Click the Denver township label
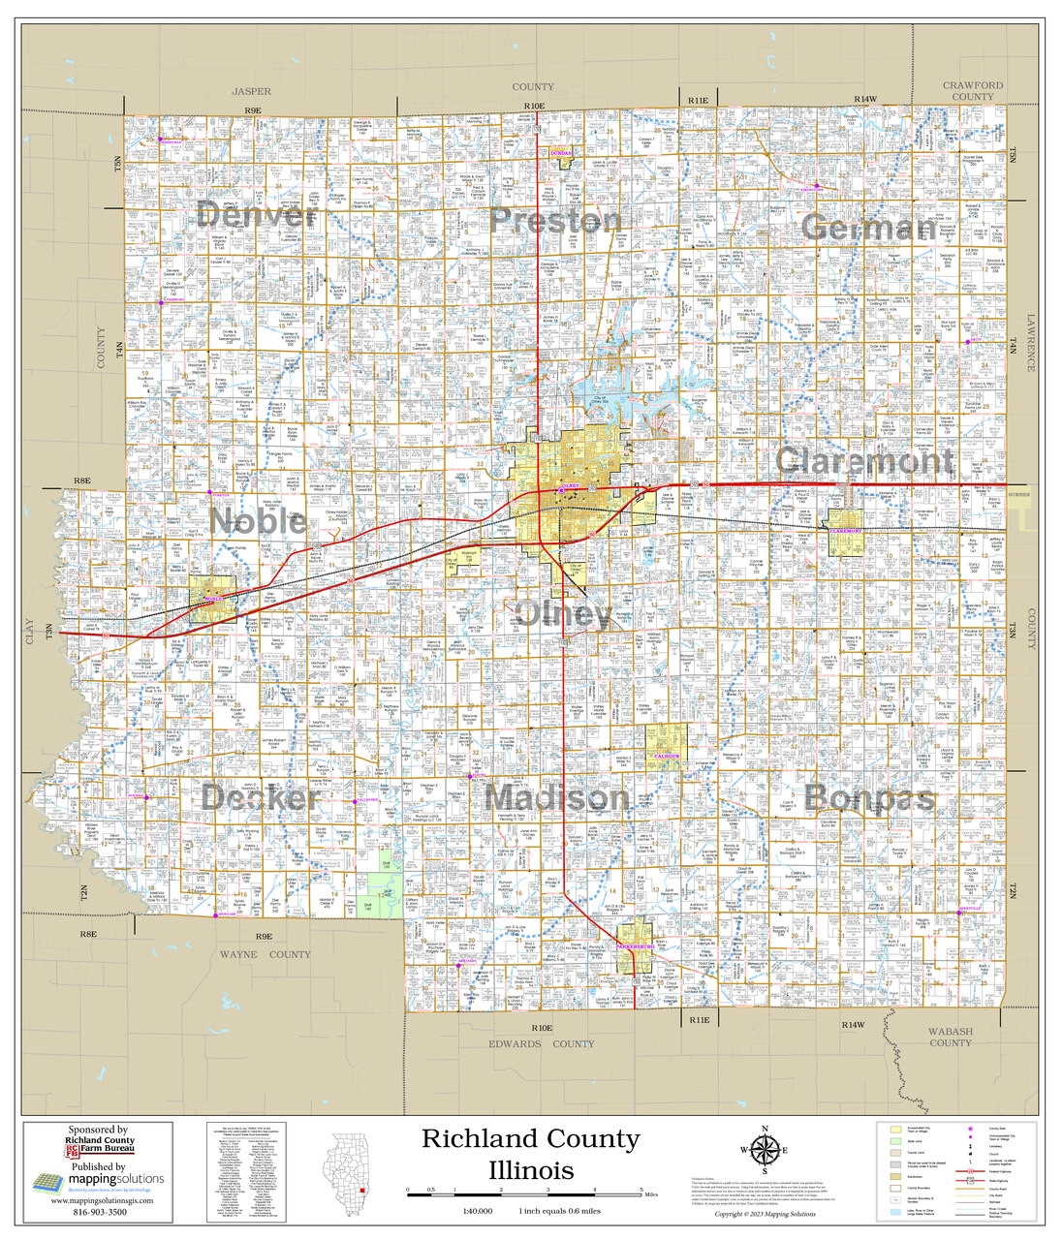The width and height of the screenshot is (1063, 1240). coord(257,215)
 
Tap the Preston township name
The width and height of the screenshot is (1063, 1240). coord(555,221)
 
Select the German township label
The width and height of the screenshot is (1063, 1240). coord(869,229)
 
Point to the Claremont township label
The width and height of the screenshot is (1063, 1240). coord(865,461)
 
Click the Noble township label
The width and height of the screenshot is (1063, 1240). coord(259,522)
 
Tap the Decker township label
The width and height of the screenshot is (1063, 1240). coord(261,797)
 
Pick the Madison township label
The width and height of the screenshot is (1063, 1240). coord(557,798)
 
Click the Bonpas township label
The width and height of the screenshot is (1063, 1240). coord(869,798)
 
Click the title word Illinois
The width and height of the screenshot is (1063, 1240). coord(530,1168)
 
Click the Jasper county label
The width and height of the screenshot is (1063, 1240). coord(252,91)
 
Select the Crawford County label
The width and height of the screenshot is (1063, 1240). coord(972,91)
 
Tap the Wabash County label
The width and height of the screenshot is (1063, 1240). coord(950,1038)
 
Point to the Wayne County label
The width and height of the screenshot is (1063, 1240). coord(265,954)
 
